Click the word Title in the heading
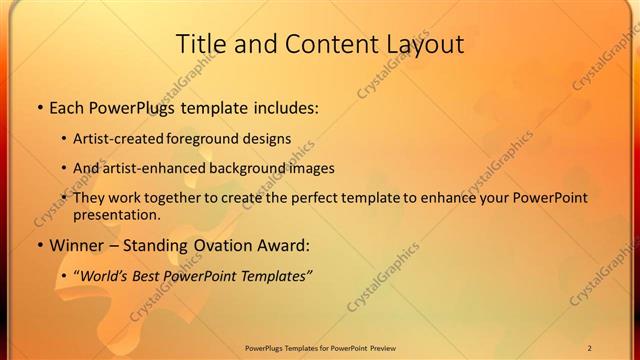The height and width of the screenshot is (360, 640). (x=202, y=44)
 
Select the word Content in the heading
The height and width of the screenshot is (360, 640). (x=321, y=44)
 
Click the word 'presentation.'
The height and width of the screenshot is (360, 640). (x=116, y=214)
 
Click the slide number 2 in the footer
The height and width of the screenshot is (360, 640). (x=590, y=347)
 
